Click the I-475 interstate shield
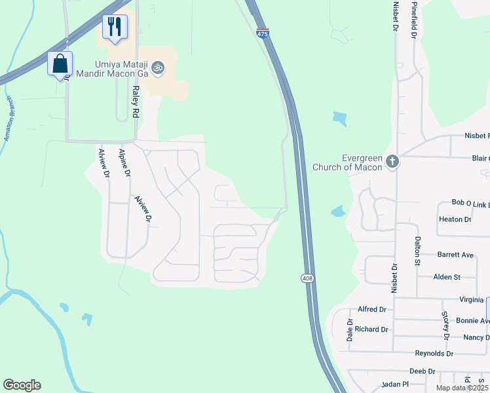[262, 33]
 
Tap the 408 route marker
[307, 278]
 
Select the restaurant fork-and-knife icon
[115, 27]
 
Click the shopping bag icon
[60, 64]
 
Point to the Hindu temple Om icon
[157, 67]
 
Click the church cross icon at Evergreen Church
[392, 161]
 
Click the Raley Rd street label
[136, 102]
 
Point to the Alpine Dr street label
[124, 163]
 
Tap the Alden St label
[447, 277]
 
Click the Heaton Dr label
[455, 219]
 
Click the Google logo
[22, 385]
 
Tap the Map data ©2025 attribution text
[462, 388]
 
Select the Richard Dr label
[372, 329]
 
